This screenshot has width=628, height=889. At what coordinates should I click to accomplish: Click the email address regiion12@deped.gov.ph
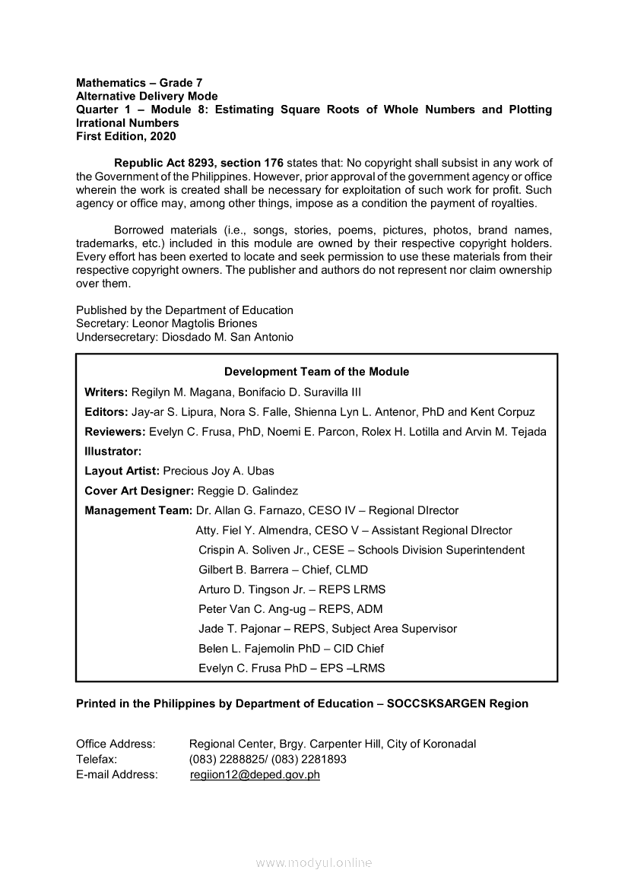255,775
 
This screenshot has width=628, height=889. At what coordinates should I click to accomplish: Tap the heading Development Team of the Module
316,372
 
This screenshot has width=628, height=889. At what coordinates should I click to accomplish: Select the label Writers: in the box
106,392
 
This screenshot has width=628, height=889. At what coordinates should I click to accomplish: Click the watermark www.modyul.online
314,863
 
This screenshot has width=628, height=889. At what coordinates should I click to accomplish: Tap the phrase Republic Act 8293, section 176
198,163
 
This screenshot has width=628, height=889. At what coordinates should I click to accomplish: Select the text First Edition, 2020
125,136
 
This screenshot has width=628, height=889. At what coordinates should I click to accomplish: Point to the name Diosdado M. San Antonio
227,337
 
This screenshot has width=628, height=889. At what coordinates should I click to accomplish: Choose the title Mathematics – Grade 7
139,82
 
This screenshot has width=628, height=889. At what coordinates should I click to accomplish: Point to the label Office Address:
116,744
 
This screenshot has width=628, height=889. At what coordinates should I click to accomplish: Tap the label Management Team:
138,510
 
